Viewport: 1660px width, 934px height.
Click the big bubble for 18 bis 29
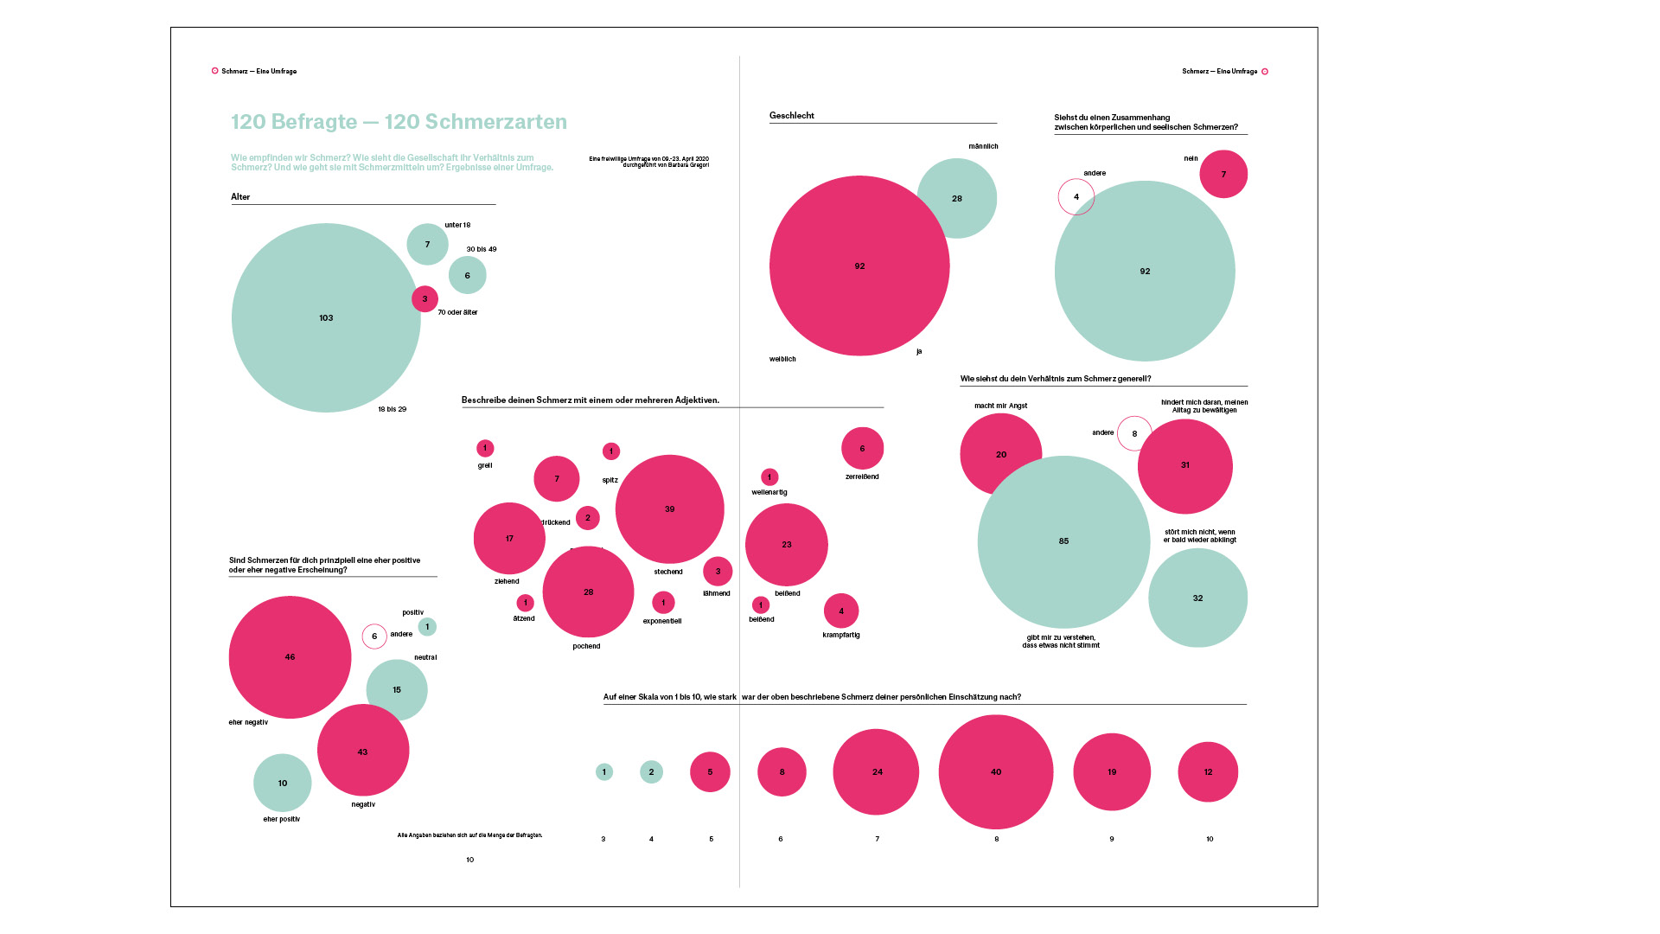pyautogui.click(x=326, y=317)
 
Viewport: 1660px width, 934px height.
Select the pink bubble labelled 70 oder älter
pyautogui.click(x=425, y=299)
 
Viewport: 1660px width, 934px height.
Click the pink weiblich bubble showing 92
pyautogui.click(x=859, y=266)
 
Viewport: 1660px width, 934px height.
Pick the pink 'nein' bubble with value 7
pyautogui.click(x=1223, y=174)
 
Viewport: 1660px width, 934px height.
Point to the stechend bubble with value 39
pyautogui.click(x=669, y=509)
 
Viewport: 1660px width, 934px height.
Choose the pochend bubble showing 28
pyautogui.click(x=588, y=592)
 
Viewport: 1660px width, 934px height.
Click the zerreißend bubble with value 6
pyautogui.click(x=862, y=448)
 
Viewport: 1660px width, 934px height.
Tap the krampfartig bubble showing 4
pyautogui.click(x=841, y=611)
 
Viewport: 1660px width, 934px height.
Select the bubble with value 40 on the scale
pyautogui.click(x=996, y=772)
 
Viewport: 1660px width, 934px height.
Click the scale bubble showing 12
pyautogui.click(x=1208, y=772)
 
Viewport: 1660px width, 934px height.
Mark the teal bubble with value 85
pyautogui.click(x=1063, y=541)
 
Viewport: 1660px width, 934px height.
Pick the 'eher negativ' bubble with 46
pyautogui.click(x=290, y=657)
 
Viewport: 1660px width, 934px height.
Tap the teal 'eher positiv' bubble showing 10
pyautogui.click(x=283, y=783)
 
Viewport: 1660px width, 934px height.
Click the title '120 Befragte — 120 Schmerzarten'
pyautogui.click(x=399, y=122)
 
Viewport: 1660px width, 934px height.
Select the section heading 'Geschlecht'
pyautogui.click(x=792, y=116)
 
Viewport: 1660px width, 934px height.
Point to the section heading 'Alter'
pyautogui.click(x=240, y=197)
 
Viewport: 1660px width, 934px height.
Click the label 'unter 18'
pyautogui.click(x=457, y=225)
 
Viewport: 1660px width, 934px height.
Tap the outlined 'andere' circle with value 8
pyautogui.click(x=1134, y=433)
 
